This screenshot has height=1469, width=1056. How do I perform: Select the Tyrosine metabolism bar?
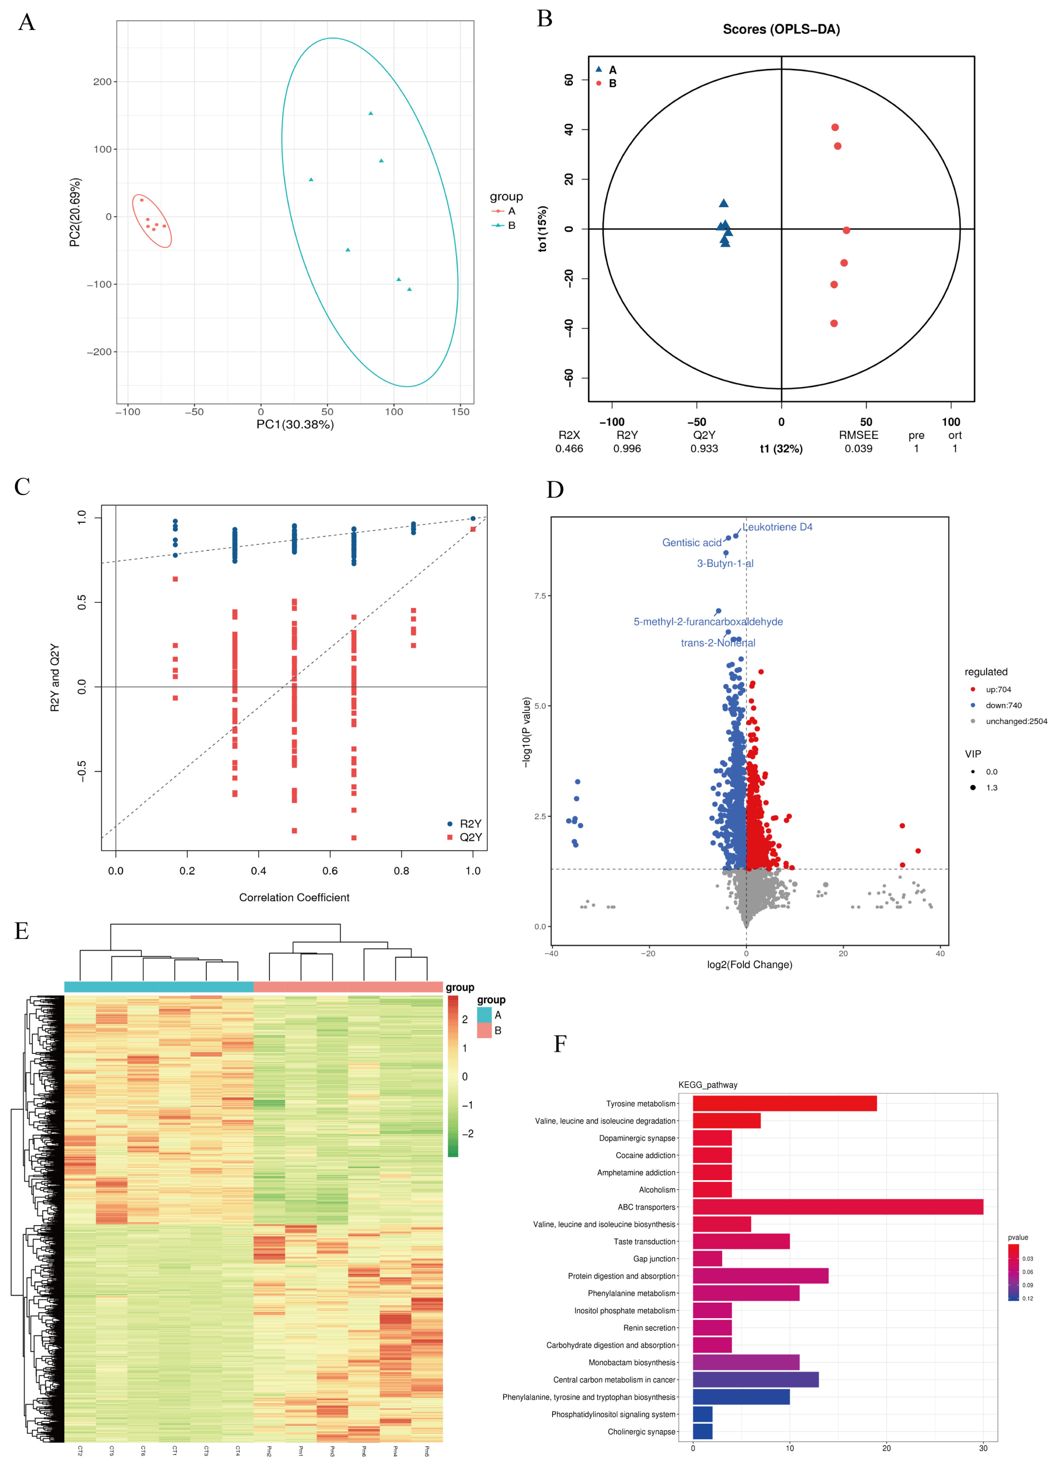[784, 1103]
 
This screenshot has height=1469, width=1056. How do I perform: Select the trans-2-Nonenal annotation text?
[717, 642]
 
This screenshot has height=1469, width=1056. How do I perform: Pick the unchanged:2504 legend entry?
[1015, 721]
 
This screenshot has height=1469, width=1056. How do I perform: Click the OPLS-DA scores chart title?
[781, 29]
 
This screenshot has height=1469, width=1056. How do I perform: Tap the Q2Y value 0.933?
[704, 448]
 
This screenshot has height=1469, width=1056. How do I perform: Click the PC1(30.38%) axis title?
[295, 424]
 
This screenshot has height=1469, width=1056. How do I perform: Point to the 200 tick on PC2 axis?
[102, 82]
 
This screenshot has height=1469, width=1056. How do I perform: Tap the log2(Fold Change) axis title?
[749, 964]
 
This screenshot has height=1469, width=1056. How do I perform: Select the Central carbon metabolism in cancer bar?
[755, 1380]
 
